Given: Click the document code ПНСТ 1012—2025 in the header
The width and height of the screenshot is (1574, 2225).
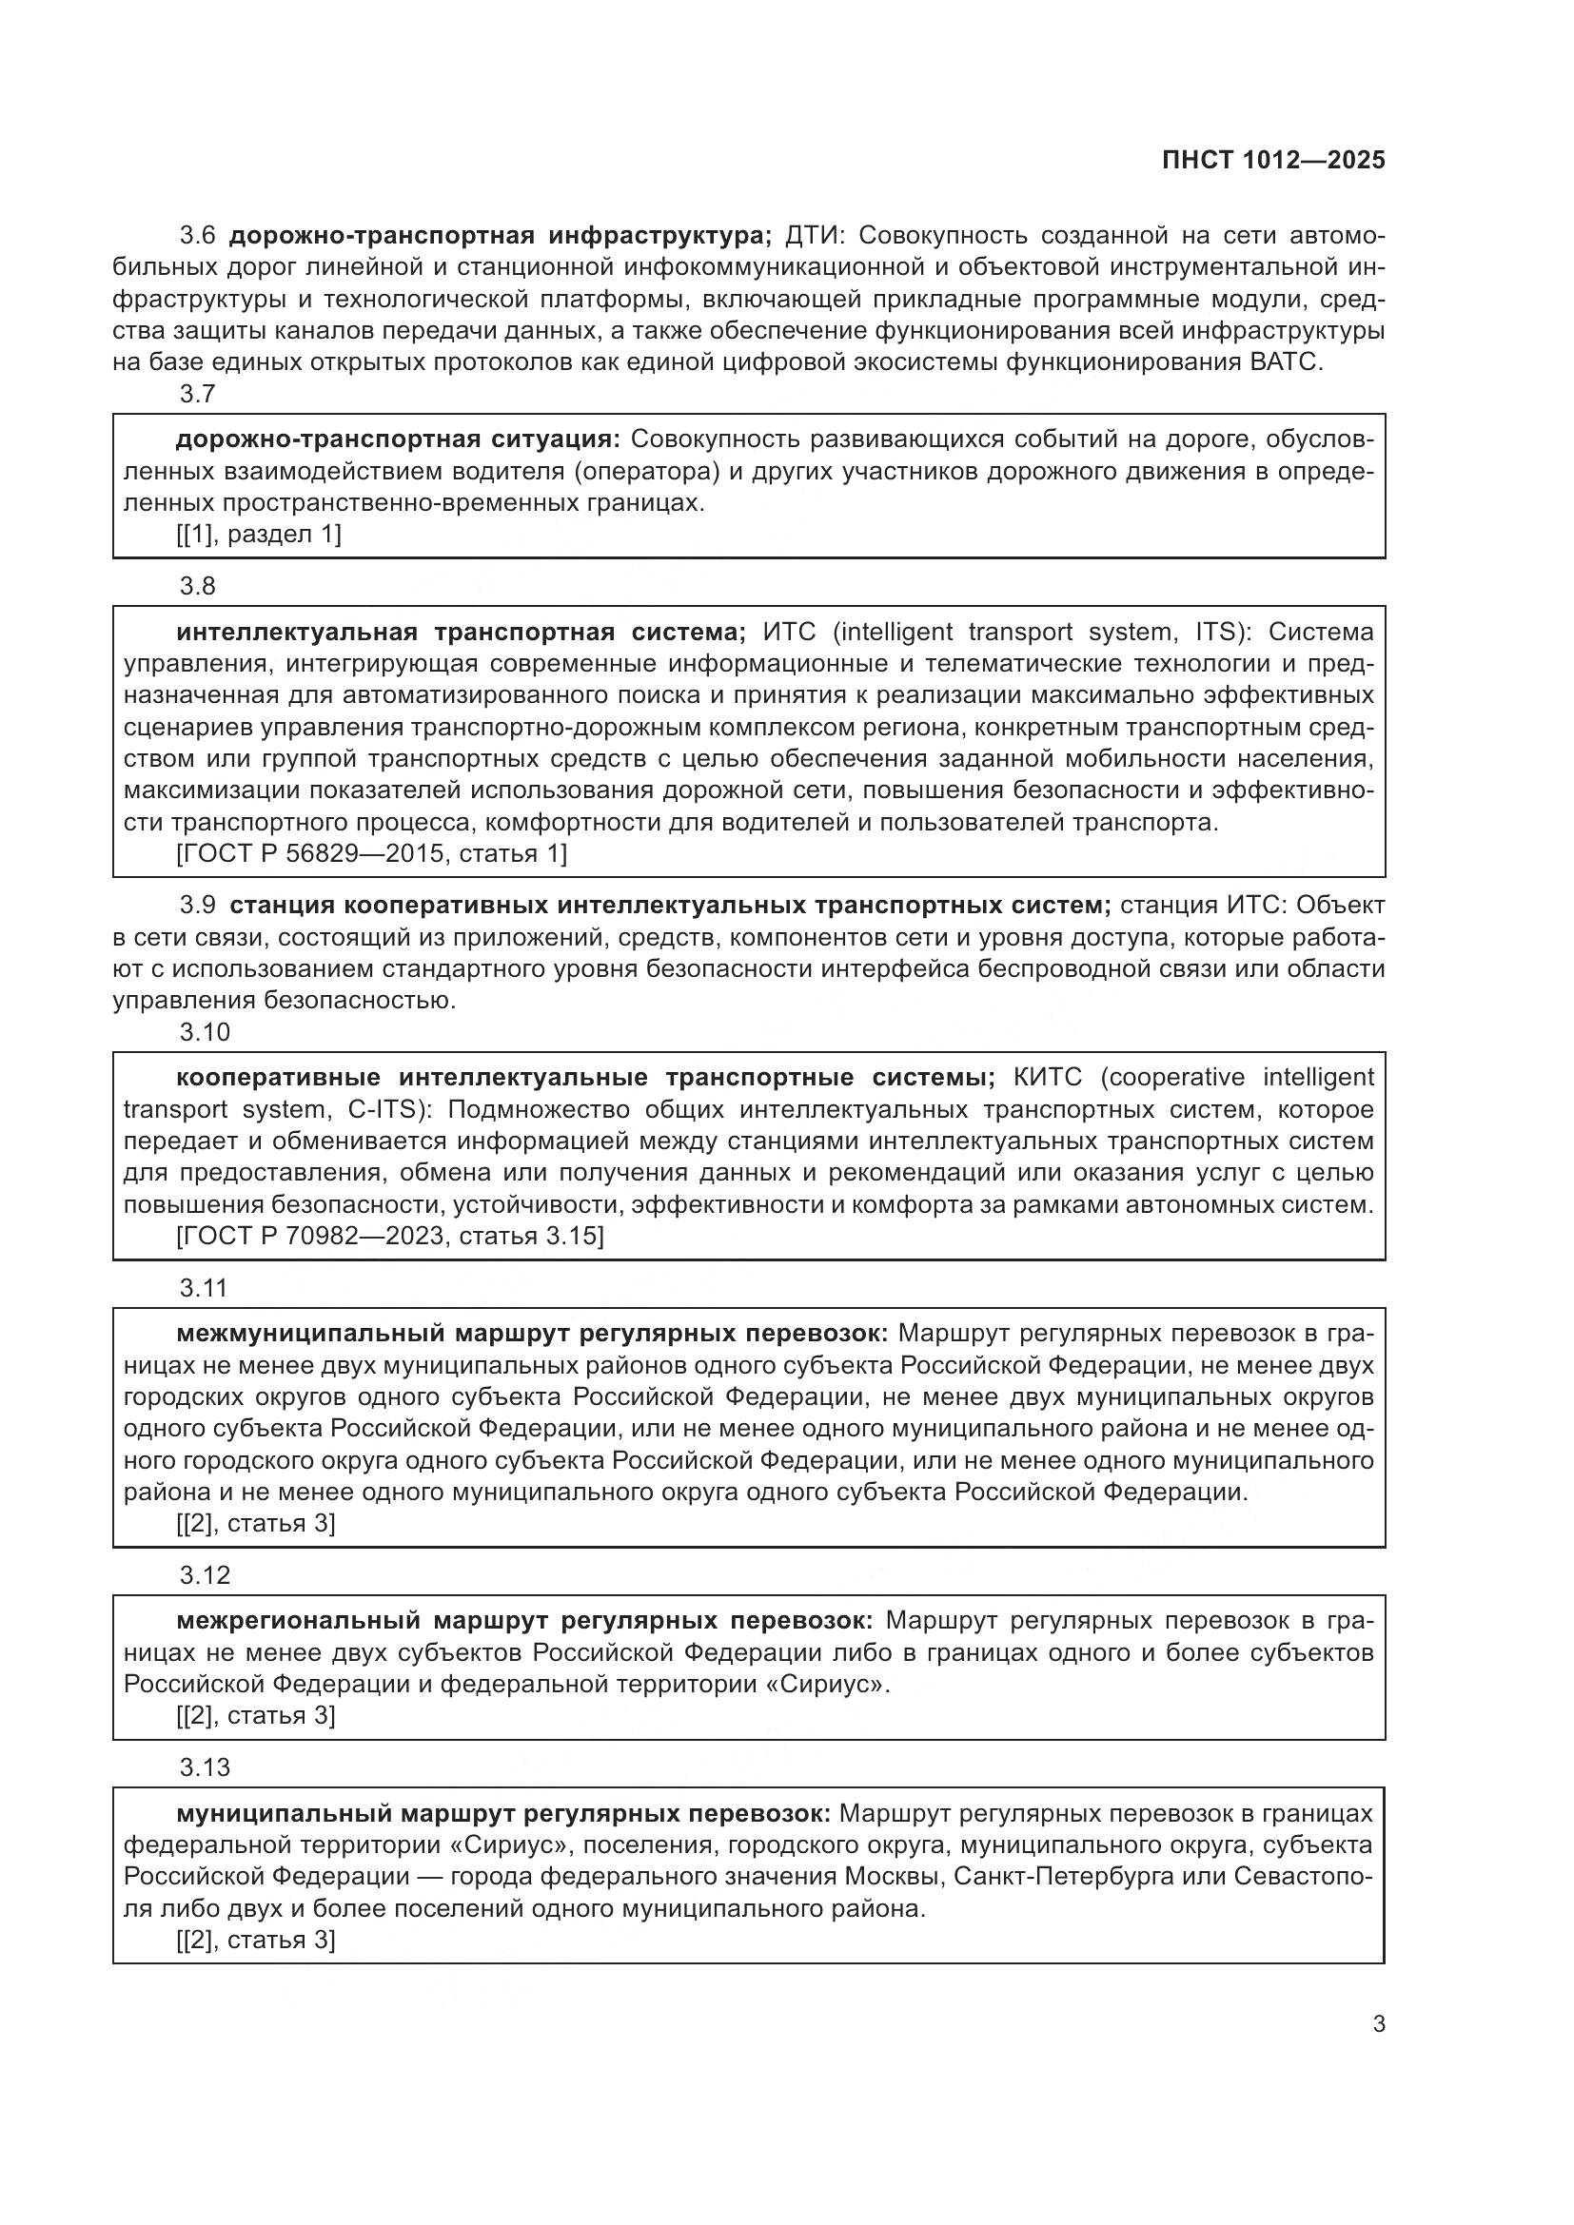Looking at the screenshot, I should click(x=1272, y=160).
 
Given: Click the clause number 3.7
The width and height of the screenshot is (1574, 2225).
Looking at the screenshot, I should click(x=198, y=395).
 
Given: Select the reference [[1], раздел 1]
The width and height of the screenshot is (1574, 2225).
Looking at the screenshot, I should click(x=258, y=534).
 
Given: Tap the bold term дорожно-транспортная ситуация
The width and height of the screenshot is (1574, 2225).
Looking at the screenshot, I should click(x=398, y=439).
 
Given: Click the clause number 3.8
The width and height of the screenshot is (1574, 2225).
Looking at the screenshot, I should click(x=198, y=586).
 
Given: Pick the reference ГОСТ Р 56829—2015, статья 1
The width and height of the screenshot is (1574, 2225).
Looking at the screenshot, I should click(x=371, y=853).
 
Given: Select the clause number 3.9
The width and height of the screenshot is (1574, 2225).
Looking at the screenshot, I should click(x=198, y=905).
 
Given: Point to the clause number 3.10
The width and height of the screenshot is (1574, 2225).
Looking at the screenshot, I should click(x=205, y=1032).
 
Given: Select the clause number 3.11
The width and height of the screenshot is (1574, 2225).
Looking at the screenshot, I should click(x=204, y=1288).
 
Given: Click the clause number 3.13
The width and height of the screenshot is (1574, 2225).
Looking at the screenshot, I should click(x=205, y=1767).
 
